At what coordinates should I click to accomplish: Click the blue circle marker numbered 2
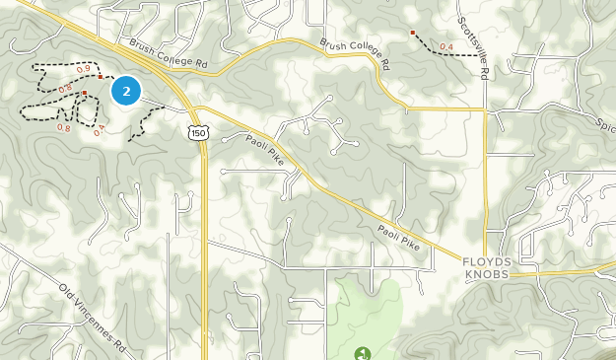tap(126, 91)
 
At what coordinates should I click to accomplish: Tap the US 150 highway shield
tap(199, 131)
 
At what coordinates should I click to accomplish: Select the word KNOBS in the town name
tap(489, 274)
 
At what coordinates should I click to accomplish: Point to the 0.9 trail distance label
tap(83, 68)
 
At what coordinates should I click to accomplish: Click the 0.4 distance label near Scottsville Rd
tap(446, 46)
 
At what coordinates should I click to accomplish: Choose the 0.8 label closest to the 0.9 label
tap(66, 90)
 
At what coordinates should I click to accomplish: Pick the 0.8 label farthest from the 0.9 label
tap(64, 127)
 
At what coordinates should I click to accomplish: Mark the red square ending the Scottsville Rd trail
tap(413, 33)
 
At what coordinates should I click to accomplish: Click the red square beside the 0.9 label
tap(100, 76)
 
